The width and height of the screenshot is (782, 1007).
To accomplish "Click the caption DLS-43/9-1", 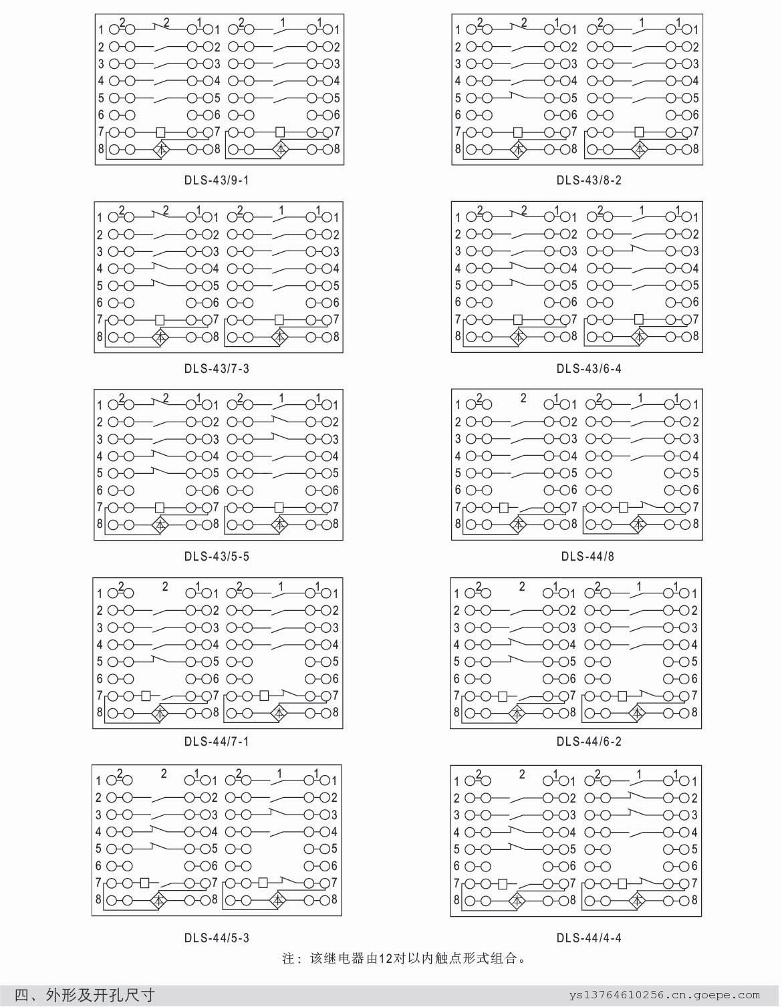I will (x=217, y=180).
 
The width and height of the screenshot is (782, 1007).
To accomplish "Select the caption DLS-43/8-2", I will (x=588, y=180).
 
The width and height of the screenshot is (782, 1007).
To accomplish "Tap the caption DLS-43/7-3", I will (x=217, y=368).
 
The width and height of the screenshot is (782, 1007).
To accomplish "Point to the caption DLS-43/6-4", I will (x=588, y=368).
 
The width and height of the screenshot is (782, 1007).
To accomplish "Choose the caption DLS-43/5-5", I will (x=217, y=556).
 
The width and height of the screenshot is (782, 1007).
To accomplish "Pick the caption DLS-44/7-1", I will (x=217, y=741).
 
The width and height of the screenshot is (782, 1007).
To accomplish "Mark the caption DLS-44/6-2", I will (x=588, y=741).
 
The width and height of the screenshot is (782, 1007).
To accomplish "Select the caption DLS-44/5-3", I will (x=217, y=938).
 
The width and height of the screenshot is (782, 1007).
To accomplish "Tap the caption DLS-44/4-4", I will (x=588, y=938).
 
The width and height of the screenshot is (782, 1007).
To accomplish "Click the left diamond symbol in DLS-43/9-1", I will (x=161, y=149).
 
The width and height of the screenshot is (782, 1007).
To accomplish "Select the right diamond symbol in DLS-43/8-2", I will (x=639, y=148).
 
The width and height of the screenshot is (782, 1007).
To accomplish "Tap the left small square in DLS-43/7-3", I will (x=160, y=319).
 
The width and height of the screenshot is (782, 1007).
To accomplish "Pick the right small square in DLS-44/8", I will (x=624, y=507).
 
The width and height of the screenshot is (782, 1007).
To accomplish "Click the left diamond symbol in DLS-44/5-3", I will (x=159, y=899).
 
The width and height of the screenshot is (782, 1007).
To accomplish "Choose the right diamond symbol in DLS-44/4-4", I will (x=638, y=899).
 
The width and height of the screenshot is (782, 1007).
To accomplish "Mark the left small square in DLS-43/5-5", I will (x=160, y=507).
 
